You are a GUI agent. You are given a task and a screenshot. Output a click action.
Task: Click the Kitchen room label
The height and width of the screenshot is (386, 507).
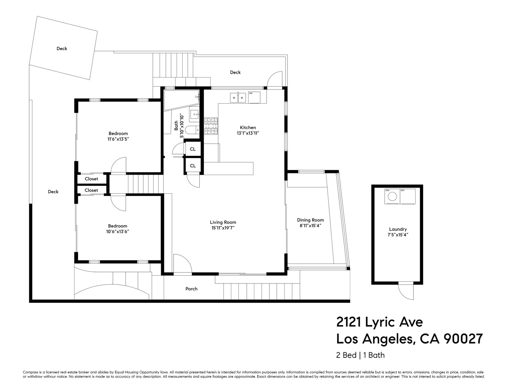point(248,127)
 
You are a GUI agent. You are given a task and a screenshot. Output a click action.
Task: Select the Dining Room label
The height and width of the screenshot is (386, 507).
point(311,220)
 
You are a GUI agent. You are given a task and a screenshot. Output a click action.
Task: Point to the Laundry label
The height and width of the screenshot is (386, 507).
point(398,229)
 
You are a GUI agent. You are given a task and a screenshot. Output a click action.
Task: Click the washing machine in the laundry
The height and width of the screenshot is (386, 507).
point(392,197)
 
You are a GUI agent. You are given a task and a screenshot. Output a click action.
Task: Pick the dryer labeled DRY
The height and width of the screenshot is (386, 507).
point(408,197)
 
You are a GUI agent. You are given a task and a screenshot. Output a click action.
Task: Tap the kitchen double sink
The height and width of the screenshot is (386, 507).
point(238,97)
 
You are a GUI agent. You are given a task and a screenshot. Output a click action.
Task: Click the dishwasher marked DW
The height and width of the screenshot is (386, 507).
point(254,97)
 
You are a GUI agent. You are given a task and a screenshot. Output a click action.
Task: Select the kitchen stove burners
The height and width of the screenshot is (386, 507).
point(211,125)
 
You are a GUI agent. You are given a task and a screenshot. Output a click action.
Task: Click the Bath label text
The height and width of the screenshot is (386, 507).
point(176,125)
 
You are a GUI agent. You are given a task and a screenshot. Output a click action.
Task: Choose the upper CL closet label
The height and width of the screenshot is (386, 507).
point(193,149)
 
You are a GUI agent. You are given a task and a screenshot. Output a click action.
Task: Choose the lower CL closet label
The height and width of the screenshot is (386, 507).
point(193,166)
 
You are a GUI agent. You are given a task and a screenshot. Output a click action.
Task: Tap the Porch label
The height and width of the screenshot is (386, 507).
point(191,289)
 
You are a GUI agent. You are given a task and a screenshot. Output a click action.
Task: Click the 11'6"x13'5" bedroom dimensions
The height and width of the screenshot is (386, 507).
point(118,139)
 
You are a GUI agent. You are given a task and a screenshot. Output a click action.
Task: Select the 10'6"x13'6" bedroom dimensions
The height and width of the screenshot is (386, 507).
point(118,232)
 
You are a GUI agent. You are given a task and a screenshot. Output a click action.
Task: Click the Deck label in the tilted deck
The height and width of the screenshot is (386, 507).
point(62,49)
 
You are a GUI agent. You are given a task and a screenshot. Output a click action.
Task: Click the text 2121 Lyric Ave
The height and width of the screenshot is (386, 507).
point(374,322)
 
